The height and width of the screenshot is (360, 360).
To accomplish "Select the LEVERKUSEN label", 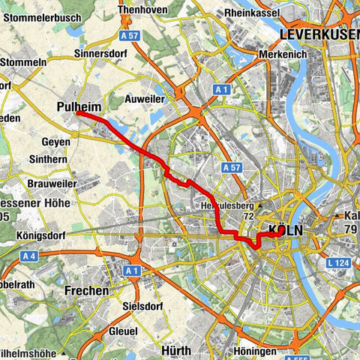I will coord(318,35).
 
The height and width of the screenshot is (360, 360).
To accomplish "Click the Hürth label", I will coord(178,349).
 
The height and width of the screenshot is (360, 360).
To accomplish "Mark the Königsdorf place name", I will coord(41,234).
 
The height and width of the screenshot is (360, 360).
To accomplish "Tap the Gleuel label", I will coord(124,330).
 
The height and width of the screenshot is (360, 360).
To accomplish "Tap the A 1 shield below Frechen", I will coord(133,269).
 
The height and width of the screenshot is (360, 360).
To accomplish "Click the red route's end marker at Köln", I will coord(279,232).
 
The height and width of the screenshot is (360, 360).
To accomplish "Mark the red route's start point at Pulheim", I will coord(77,114).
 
